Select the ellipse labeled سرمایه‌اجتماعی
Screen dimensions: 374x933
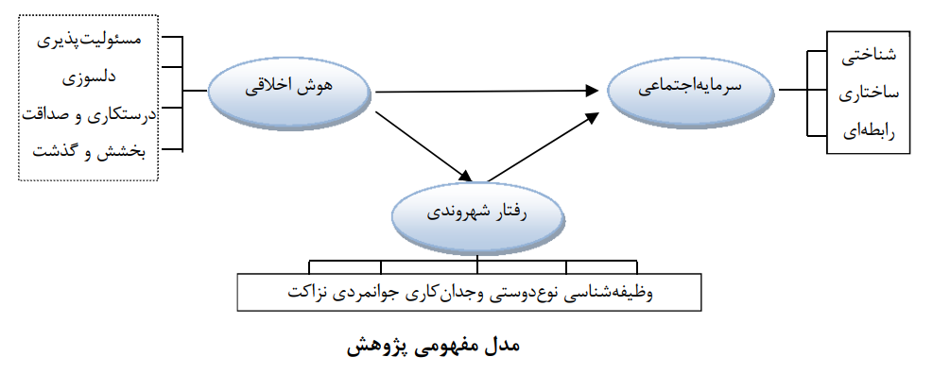pyautogui.click(x=693, y=87)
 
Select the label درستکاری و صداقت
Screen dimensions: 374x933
pyautogui.click(x=91, y=114)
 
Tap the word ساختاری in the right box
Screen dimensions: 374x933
pyautogui.click(x=867, y=94)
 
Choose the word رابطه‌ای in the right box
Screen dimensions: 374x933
pyautogui.click(x=867, y=131)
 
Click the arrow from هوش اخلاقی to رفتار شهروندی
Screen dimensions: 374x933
pyautogui.click(x=423, y=146)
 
